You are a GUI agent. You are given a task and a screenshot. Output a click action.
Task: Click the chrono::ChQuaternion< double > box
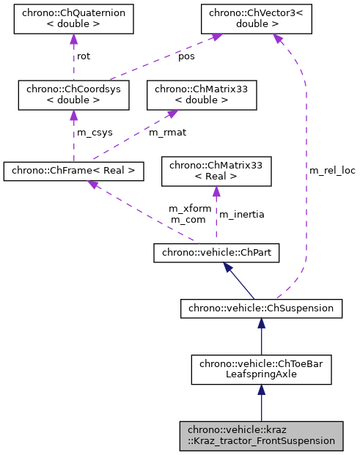coord(73,21)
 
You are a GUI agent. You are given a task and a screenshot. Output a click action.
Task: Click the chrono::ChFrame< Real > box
coord(73,171)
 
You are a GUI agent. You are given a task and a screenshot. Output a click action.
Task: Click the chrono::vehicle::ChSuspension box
coord(261,308)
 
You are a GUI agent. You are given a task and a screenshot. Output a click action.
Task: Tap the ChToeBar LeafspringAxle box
coord(261,369)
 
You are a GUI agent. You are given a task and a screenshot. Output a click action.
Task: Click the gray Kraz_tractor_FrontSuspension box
coord(261,435)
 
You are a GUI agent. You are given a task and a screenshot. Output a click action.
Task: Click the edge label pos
coord(187,56)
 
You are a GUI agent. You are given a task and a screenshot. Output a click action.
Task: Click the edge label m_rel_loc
coord(331,171)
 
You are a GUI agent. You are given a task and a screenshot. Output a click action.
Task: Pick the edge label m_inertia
coord(242,214)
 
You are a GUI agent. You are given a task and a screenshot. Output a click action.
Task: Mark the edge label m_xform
coord(190,209)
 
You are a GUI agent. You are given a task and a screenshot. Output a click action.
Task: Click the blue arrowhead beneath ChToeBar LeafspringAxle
coord(261,393)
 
